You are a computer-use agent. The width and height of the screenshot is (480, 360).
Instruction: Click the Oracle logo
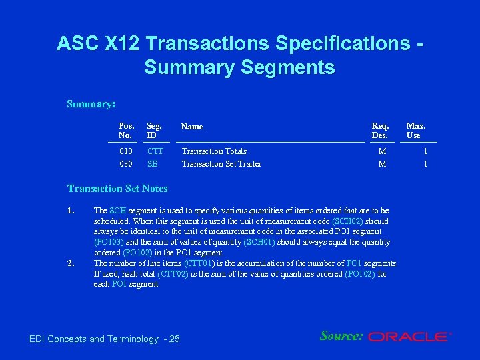point(409,337)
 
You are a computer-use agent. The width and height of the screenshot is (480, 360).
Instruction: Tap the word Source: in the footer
point(341,336)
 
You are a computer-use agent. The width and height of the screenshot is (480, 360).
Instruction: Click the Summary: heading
point(91,104)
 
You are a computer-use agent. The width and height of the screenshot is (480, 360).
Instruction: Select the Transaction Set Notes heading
point(117,189)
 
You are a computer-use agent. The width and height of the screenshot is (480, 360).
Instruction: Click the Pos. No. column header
point(126,130)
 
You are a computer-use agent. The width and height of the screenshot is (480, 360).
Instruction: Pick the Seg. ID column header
point(154,130)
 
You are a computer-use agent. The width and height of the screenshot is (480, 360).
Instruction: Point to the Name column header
point(192,126)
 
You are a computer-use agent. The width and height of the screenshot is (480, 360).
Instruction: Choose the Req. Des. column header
point(380,130)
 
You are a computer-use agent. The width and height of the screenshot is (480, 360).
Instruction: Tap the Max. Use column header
point(416,130)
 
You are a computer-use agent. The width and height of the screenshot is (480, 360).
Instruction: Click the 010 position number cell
point(125,151)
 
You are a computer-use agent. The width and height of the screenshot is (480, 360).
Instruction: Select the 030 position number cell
point(125,164)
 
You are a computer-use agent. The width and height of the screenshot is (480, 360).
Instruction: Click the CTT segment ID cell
point(155,151)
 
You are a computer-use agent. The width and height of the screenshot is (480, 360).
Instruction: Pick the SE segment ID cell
point(153,164)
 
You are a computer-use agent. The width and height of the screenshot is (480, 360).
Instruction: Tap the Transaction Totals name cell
point(214,151)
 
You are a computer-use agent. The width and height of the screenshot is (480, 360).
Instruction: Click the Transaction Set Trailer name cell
point(221,164)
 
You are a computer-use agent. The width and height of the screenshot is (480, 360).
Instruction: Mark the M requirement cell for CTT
point(382,151)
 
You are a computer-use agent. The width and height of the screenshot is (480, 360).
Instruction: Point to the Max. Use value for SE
point(424,164)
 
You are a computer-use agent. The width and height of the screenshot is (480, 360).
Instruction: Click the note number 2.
point(71,263)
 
